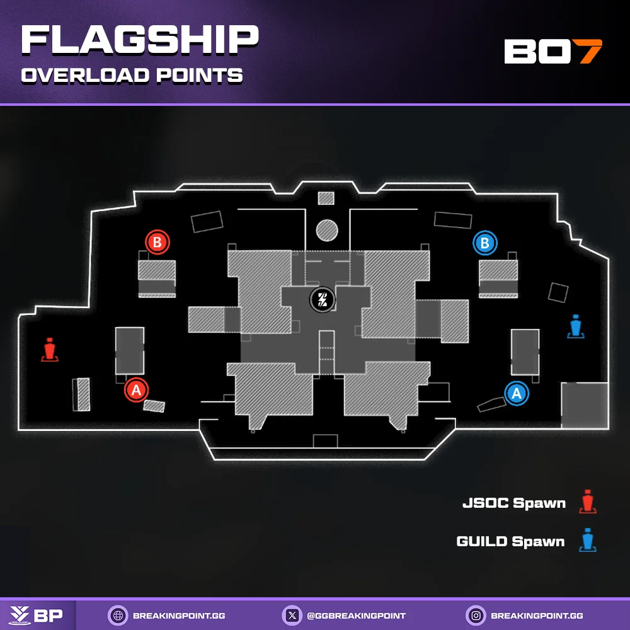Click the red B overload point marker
click(x=157, y=242)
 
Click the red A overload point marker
click(x=136, y=390)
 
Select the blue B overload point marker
click(x=485, y=243)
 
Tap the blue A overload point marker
click(x=517, y=393)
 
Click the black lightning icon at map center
click(x=323, y=299)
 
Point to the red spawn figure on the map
click(x=50, y=350)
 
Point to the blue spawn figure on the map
click(x=576, y=327)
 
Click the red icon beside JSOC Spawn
click(x=588, y=502)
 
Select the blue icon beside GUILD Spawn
click(x=588, y=541)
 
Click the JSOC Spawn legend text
click(x=513, y=503)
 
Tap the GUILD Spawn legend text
click(x=510, y=541)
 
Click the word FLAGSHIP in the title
click(x=139, y=41)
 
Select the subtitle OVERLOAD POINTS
click(x=132, y=76)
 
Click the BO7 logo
click(x=553, y=52)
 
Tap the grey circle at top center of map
click(x=326, y=231)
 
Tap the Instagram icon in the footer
click(x=476, y=615)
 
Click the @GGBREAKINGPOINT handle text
click(x=357, y=616)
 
